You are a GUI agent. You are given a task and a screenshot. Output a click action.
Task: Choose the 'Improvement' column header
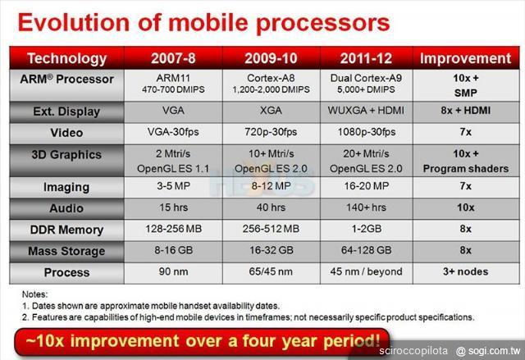tap(465, 58)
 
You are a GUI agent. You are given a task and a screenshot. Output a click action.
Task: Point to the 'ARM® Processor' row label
tap(66, 78)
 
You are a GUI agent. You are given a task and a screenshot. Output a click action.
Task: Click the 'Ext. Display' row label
tap(66, 112)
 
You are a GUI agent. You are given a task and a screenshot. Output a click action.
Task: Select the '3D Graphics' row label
tap(66, 154)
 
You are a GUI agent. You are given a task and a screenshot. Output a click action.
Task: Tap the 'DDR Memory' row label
tap(66, 230)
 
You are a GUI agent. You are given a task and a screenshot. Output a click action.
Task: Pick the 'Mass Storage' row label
tap(66, 251)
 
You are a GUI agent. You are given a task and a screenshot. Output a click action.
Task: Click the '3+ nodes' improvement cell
tap(465, 271)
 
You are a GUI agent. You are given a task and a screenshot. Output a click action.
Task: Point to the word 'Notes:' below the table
tap(34, 293)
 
